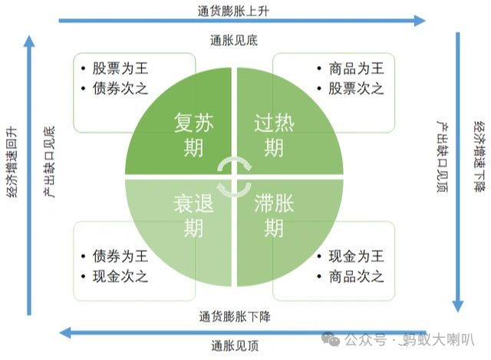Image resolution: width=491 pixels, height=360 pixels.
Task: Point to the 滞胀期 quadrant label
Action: pyautogui.click(x=274, y=216)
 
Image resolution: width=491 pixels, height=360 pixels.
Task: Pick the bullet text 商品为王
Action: pyautogui.click(x=356, y=68)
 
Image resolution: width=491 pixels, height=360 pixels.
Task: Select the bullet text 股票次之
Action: pyautogui.click(x=356, y=88)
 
